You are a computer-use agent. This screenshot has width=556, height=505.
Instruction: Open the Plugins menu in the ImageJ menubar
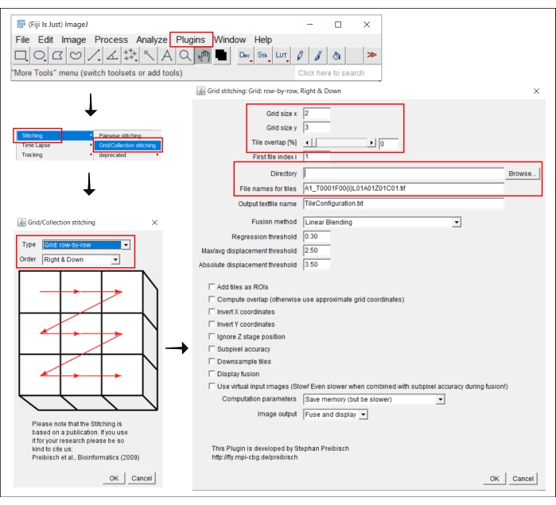[x=190, y=40]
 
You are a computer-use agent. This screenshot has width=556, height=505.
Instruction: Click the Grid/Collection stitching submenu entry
[x=127, y=146]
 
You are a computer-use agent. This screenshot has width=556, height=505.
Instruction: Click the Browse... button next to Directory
[x=523, y=173]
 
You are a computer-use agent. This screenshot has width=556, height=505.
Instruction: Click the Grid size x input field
[x=317, y=114]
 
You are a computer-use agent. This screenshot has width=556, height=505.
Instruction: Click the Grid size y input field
[x=317, y=127]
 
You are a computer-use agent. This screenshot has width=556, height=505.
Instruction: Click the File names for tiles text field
[x=403, y=188]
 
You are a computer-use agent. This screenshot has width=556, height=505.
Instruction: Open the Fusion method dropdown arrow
[x=457, y=223]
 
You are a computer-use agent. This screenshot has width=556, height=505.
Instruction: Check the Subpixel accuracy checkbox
[x=212, y=349]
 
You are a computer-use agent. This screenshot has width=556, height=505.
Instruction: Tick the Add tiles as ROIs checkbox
[x=212, y=286]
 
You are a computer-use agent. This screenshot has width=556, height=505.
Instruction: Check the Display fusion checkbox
[x=212, y=374]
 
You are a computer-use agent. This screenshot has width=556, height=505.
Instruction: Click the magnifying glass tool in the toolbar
[x=185, y=56]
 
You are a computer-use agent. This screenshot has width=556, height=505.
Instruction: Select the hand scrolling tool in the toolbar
[x=204, y=56]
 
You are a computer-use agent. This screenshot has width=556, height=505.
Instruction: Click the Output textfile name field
[x=403, y=204]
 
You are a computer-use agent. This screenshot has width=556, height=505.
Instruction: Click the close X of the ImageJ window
[x=367, y=25]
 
